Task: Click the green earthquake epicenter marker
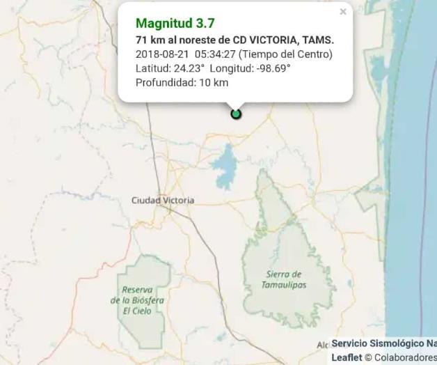[236, 114]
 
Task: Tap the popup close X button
[342, 12]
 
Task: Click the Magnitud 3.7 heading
[175, 24]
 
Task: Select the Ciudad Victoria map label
[163, 201]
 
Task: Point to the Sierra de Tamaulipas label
[284, 280]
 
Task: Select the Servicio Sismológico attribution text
[383, 344]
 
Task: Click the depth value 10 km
[212, 82]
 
